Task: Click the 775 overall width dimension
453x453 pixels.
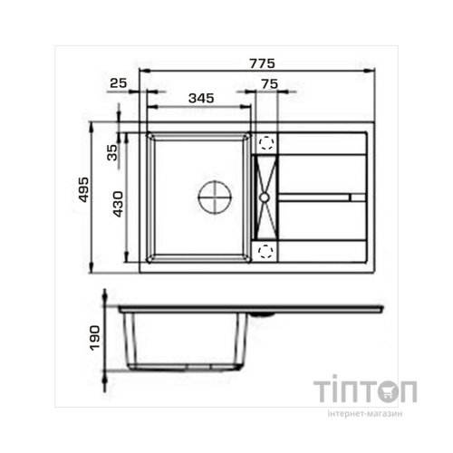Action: [x=262, y=63]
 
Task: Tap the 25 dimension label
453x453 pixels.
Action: [x=119, y=83]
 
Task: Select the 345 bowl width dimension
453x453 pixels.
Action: [x=201, y=98]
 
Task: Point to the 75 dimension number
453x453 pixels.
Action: [x=270, y=84]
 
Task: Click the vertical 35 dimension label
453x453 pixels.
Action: [x=112, y=152]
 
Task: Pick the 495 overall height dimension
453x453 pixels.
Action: [x=83, y=189]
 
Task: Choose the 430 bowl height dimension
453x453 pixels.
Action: [x=118, y=204]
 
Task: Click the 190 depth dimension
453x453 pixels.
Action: [x=94, y=338]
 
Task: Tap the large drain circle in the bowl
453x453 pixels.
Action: [x=215, y=198]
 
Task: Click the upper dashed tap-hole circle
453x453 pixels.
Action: [x=266, y=142]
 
